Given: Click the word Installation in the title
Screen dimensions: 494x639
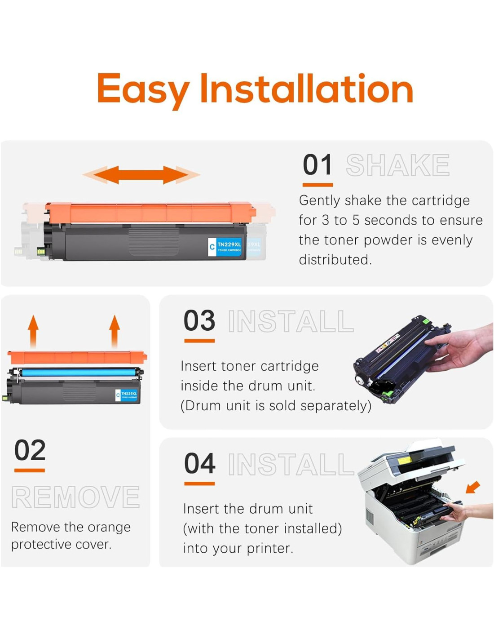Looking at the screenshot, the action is pos(307,88).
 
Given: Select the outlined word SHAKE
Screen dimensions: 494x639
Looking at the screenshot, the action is pos(397,165).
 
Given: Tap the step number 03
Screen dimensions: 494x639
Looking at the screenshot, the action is pos(199,320).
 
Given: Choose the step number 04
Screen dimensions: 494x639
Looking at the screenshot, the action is pos(199,463).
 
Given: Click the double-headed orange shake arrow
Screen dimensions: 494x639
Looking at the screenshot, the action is pos(141,175).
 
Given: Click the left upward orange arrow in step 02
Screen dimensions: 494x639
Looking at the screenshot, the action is pos(33,332).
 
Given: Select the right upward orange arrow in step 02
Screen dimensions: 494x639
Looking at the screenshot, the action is pos(115,332).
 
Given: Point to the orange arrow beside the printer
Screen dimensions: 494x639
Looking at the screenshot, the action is pos(473,487).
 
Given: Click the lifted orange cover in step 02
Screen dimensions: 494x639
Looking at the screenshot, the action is pos(77,358).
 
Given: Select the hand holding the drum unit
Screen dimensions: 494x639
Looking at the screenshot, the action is pos(459,347).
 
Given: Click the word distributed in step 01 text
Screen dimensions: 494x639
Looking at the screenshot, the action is pos(335,260).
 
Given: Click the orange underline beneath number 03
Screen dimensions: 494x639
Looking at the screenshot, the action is pos(199,341).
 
